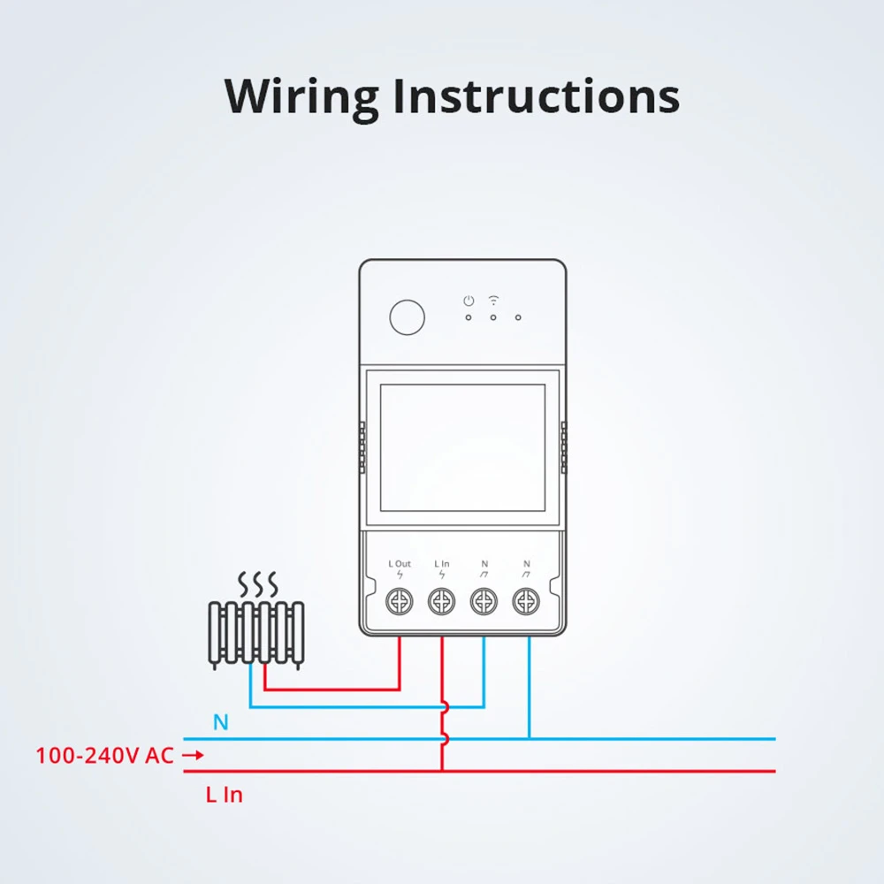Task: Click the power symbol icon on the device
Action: click(469, 301)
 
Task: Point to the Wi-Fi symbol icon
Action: click(493, 301)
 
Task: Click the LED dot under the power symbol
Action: click(469, 317)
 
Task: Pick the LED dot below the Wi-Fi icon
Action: click(493, 317)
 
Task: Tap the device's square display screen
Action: click(462, 447)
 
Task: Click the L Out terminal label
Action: click(400, 563)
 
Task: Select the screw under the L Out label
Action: click(400, 602)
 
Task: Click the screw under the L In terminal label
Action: click(442, 602)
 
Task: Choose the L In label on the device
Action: click(442, 563)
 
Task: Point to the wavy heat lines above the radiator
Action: click(259, 583)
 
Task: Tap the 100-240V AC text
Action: click(104, 756)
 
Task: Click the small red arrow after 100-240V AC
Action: click(193, 756)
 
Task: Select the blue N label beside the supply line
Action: click(220, 723)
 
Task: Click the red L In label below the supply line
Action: click(225, 795)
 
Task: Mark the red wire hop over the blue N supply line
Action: click(445, 739)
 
